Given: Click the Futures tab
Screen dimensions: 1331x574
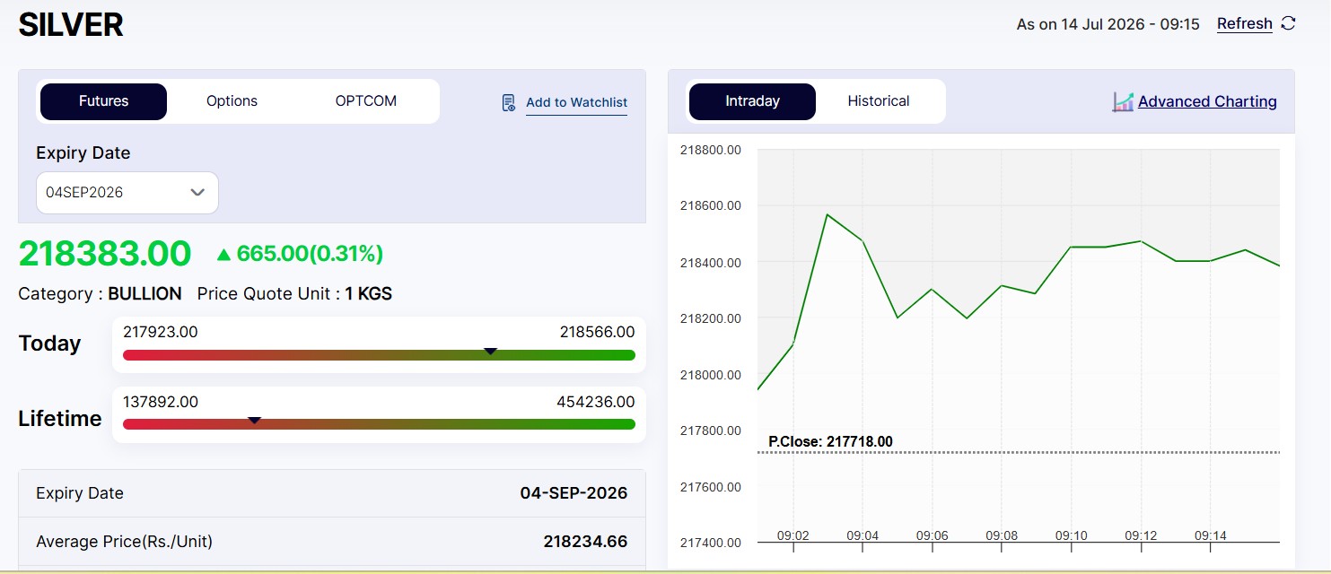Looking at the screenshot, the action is coord(103,101).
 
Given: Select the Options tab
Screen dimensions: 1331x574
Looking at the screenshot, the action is coord(232,101).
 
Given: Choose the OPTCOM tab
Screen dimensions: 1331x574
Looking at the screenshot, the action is coord(365,101).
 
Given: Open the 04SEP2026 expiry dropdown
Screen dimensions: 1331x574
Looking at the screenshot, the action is coord(127,193).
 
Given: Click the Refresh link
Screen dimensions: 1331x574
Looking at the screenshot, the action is coord(1244,23).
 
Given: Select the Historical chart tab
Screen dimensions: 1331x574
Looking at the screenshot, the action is coord(879,101).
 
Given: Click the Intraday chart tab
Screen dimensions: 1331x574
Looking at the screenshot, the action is coord(752,101).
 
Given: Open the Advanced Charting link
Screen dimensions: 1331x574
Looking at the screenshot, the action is coord(1207,101).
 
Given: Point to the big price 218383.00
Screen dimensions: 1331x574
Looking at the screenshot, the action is coord(105,254).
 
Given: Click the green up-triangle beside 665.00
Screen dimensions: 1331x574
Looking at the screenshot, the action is coord(223,255).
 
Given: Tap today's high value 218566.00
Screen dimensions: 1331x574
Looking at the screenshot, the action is coord(597,332).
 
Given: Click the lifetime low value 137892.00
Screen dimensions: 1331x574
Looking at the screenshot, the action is coord(161,402).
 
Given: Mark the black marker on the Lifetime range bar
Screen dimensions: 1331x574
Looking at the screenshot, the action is coord(254,421).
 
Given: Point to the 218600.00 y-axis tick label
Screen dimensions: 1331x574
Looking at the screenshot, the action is coord(710,205).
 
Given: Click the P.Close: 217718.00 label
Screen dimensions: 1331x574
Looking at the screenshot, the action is coord(830,441).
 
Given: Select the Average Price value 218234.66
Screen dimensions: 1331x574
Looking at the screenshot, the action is coord(585,542).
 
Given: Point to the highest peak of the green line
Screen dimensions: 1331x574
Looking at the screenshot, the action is coord(827,214).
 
